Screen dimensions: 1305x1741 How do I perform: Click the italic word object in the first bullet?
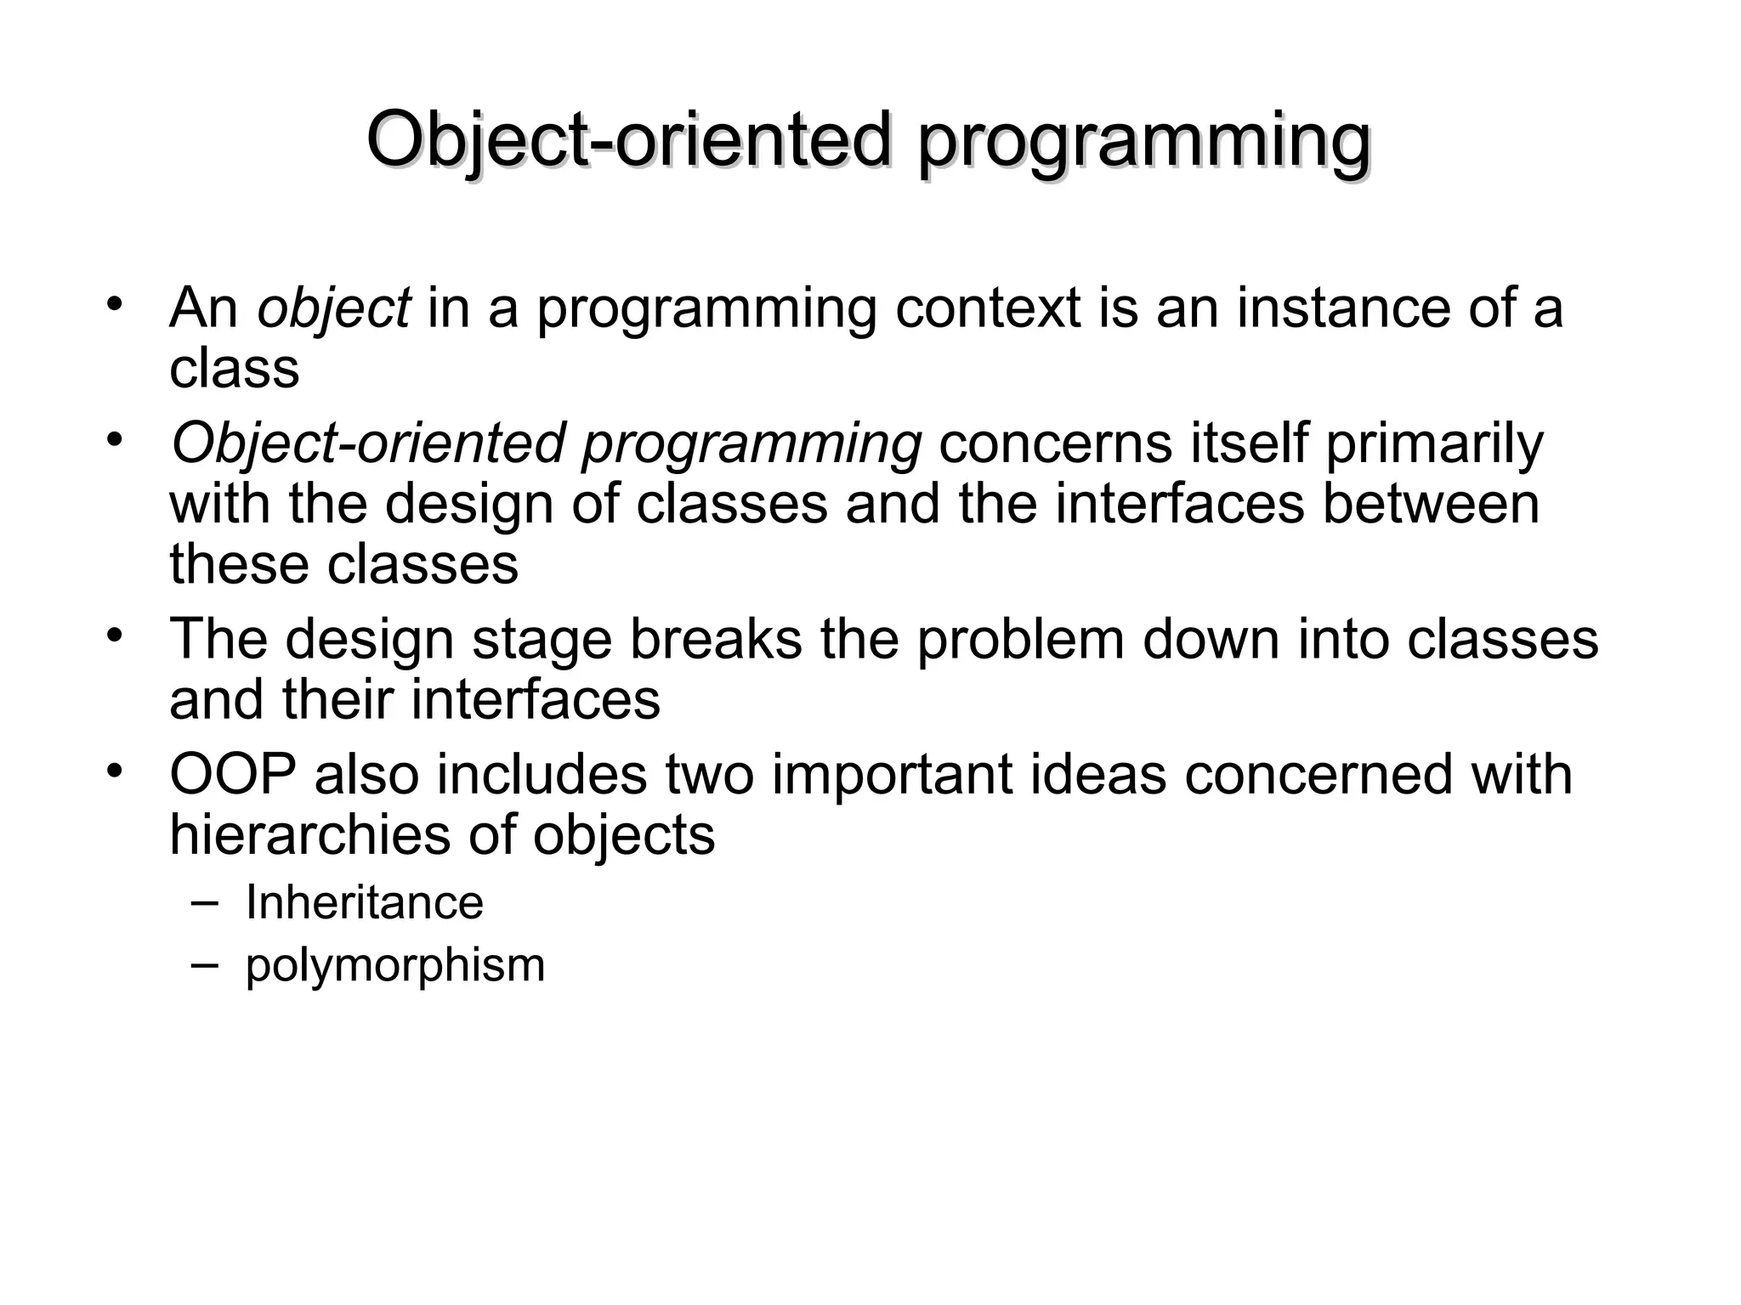(x=334, y=308)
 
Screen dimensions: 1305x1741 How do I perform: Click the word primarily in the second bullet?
(x=1434, y=443)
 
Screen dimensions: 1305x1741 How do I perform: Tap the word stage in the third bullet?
(x=542, y=639)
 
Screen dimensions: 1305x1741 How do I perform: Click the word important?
(x=893, y=775)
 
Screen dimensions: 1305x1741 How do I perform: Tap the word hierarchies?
(x=309, y=835)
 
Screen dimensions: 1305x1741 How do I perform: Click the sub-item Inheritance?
(x=364, y=902)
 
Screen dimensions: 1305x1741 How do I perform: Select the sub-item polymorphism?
(x=394, y=965)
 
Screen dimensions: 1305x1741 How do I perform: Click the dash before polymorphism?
(x=204, y=963)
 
